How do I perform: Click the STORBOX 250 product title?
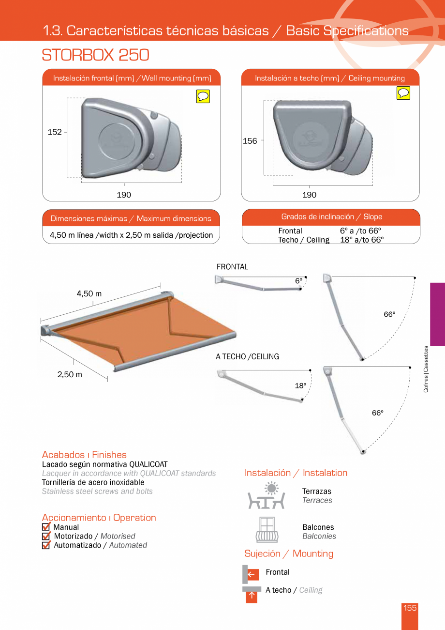pos(95,55)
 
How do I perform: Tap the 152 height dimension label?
pos(55,132)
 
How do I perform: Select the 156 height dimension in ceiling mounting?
pos(250,141)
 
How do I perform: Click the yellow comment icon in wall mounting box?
pos(203,96)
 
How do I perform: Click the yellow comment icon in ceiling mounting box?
pos(403,93)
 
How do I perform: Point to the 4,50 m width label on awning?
pos(89,294)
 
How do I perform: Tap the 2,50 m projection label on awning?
pos(70,375)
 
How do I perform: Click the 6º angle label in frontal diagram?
pos(298,280)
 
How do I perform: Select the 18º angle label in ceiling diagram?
pos(300,386)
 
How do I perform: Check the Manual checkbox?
pos(46,527)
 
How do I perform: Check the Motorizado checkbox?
pos(46,537)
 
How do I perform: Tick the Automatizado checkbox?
pos(46,545)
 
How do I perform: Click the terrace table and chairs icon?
pos(266,496)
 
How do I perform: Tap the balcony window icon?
pos(267,530)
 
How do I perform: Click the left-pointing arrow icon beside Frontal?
pos(252,574)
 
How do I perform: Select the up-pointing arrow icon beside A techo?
pos(252,595)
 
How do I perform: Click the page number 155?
pos(410,608)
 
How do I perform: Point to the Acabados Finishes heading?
pos(84,455)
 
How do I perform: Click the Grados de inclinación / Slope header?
pos(331,217)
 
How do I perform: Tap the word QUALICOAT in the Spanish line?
pos(148,464)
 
